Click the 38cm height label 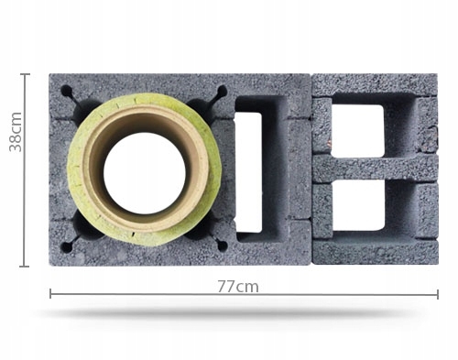coord(16,132)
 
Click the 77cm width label coord(238,287)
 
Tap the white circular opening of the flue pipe coord(145,173)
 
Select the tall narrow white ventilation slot coord(249,172)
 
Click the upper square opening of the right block coord(357,130)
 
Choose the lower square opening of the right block coord(358,205)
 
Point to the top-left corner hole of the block coord(67,91)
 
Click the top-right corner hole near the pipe coord(222,91)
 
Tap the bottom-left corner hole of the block coord(66,247)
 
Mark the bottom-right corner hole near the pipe coord(223,245)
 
